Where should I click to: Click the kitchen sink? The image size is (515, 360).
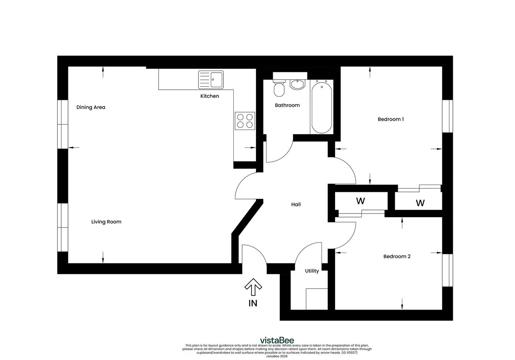pos(211,80)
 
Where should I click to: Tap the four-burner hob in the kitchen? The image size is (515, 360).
pos(245,121)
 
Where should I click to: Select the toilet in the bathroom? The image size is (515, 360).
pos(279,88)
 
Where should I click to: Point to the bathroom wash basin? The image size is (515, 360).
pos(297,84)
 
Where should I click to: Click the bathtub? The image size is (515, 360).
pos(321,107)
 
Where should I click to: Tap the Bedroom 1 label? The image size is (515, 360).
pos(391,119)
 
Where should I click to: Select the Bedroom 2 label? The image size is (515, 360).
pos(397,256)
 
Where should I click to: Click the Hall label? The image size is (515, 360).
pos(296,204)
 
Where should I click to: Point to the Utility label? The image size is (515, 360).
pos(312,271)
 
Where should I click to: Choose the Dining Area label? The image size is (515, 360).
pos(91,107)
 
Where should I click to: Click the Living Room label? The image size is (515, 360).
pos(106,222)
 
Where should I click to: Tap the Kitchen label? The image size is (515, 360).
pos(210,96)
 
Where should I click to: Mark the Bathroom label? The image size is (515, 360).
pos(287,105)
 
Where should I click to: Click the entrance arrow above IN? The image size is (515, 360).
pos(253,287)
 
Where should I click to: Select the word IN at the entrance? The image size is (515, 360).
pos(253,303)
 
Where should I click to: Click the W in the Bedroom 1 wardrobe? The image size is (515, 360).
pos(420,203)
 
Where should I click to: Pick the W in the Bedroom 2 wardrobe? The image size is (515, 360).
pos(360,201)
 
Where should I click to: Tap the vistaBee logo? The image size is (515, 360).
pos(277,340)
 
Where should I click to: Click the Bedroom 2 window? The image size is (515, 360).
pos(448,270)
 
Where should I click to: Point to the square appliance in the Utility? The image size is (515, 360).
pos(317,299)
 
